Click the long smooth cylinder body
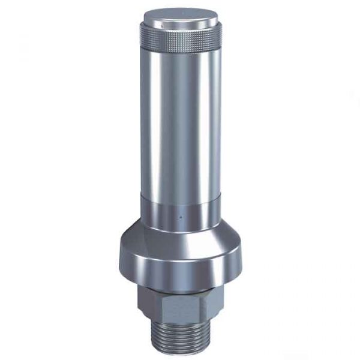(x=180, y=120)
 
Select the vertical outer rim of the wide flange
(x=180, y=270)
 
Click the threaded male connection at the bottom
(x=180, y=339)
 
